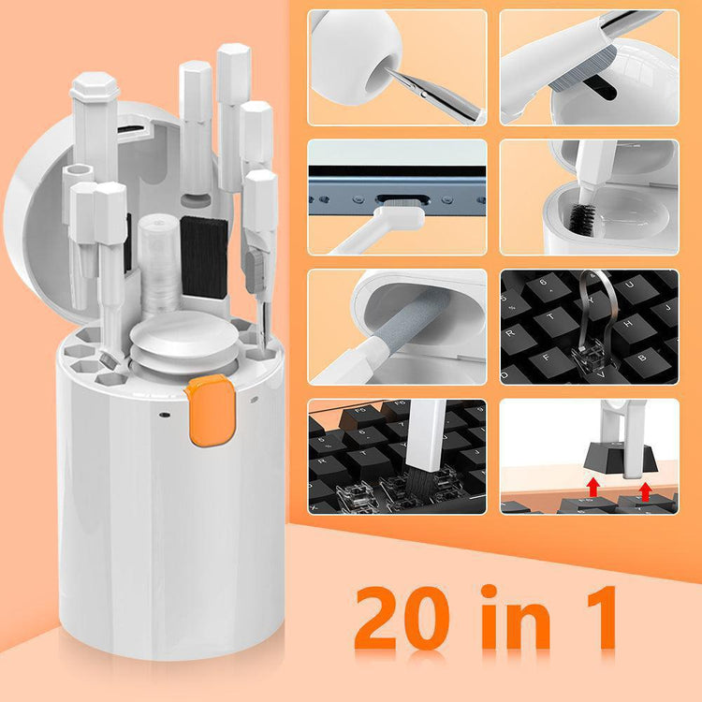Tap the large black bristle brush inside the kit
click(203, 256)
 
